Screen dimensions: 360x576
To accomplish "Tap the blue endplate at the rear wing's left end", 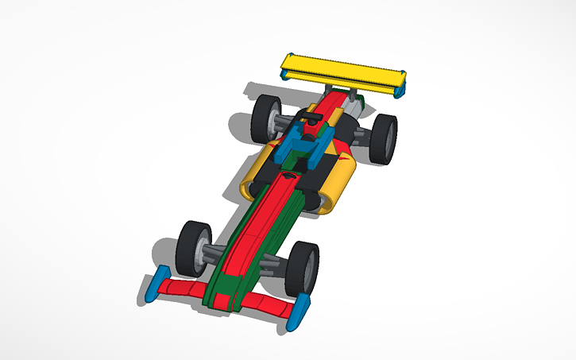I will coord(284,75).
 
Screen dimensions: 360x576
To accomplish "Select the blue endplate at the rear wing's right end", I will coord(401,87).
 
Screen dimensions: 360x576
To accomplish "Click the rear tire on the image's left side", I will coord(265,117).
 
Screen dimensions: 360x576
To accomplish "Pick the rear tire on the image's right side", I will coord(385,139).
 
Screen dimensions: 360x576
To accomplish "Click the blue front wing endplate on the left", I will coord(155,285).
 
